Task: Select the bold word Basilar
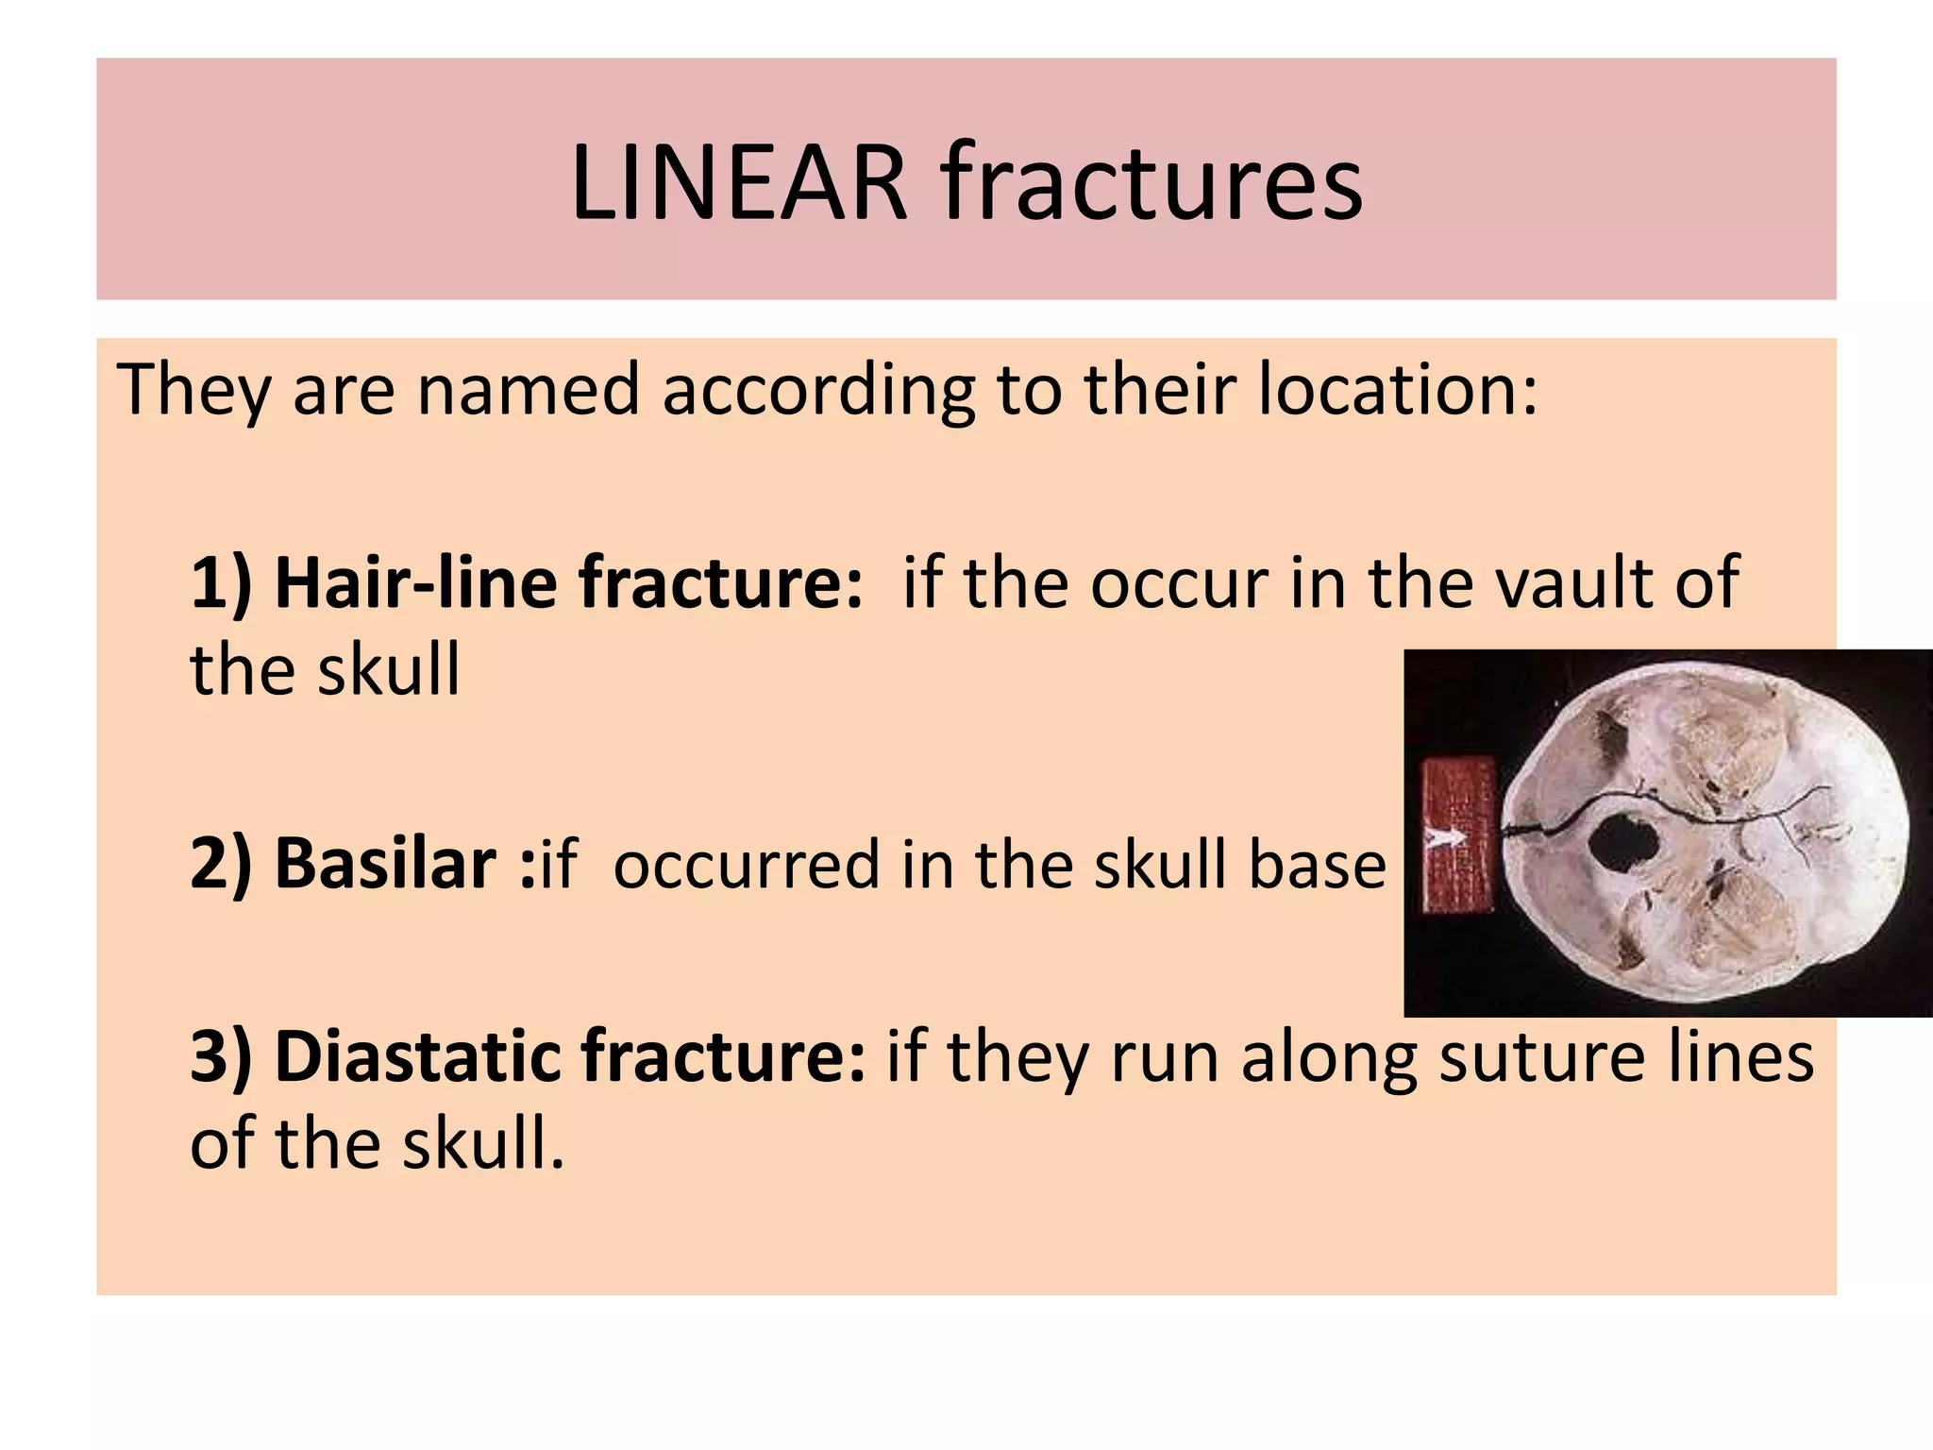click(385, 863)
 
